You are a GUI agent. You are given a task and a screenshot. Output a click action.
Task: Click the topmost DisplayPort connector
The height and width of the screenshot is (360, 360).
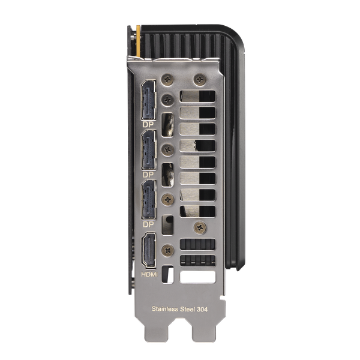click(149, 100)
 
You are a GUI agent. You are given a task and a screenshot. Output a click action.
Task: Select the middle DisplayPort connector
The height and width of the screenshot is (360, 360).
click(149, 149)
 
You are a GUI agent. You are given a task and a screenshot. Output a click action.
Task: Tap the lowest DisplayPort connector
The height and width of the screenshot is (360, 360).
click(149, 199)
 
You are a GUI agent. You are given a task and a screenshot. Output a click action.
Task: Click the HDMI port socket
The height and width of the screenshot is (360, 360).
click(149, 250)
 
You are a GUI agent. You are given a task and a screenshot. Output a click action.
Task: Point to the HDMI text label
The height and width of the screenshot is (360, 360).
click(149, 274)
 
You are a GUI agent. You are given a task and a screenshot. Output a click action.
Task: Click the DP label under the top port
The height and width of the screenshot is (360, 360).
click(148, 125)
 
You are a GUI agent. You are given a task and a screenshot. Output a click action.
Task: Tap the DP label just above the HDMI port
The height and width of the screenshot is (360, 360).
click(148, 224)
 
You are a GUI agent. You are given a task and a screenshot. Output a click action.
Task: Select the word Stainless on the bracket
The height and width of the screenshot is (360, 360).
click(165, 309)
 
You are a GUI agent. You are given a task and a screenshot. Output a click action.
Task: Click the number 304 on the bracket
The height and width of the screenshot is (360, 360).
click(202, 309)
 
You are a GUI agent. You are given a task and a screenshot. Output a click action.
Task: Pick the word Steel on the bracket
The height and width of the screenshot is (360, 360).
click(187, 309)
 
